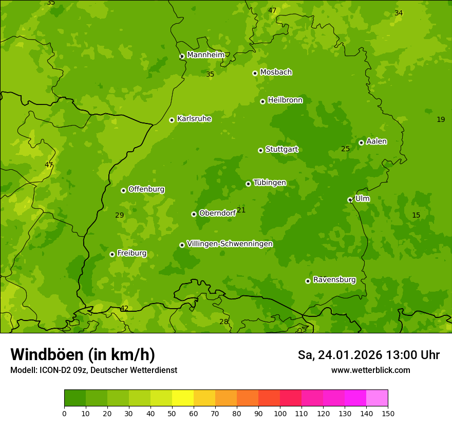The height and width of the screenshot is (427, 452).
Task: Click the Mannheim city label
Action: [x=205, y=55]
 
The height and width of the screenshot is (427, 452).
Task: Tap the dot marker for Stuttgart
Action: [x=260, y=150]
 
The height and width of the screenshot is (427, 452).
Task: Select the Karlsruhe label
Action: [x=194, y=119]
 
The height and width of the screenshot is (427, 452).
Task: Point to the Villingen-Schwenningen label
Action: [x=230, y=244]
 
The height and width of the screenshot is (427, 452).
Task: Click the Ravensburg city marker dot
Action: [x=308, y=281]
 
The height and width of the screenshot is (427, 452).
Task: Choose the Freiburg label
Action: [x=131, y=253]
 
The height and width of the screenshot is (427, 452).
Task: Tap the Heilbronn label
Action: [x=285, y=100]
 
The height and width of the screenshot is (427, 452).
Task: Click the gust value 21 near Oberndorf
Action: [x=241, y=210]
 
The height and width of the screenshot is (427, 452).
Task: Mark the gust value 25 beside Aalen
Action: [x=345, y=149]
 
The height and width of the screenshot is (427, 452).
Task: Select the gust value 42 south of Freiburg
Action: [x=124, y=309]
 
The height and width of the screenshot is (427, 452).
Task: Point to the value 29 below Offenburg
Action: [x=119, y=215]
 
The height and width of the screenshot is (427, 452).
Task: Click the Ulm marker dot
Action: [x=350, y=200]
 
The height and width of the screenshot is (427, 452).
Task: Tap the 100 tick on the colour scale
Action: [x=280, y=413]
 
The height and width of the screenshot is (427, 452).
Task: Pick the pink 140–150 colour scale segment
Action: [x=377, y=398]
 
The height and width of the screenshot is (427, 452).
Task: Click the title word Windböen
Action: [x=47, y=354]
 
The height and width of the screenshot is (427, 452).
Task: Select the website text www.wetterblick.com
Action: [x=370, y=370]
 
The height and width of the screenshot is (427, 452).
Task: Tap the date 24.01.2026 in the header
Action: [x=349, y=355]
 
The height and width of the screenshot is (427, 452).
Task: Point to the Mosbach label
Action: [x=275, y=72]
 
